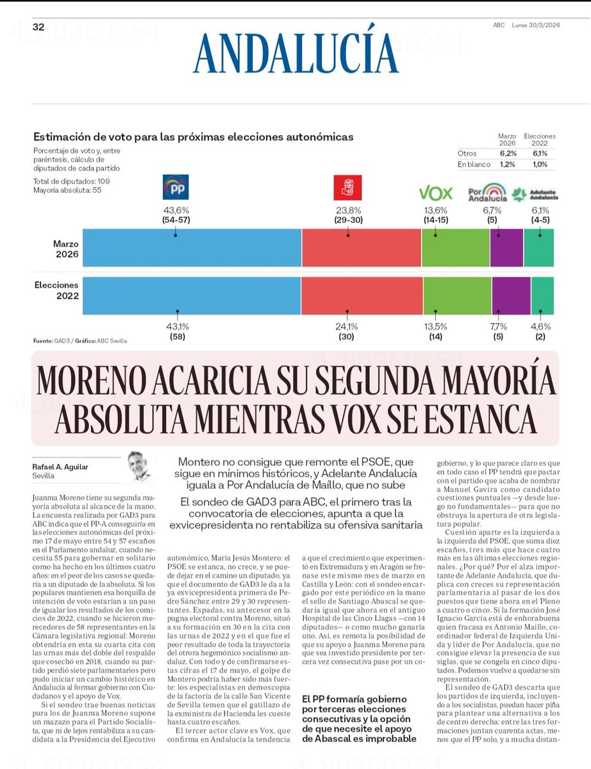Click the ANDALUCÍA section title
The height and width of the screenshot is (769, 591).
pos(296,53)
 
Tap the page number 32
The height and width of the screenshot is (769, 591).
pos(38,26)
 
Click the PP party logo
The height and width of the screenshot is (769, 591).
pos(175,188)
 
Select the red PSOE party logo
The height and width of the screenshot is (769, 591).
pos(347,188)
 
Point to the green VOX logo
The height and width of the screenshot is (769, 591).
pos(436,193)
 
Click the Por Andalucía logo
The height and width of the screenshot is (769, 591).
pos(488,193)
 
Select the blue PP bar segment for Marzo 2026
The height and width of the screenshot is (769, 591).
pos(192,247)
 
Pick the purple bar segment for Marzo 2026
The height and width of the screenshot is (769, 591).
pos(506,247)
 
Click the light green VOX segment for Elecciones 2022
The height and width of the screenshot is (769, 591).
pos(456,295)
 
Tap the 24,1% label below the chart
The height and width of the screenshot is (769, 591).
pos(347,325)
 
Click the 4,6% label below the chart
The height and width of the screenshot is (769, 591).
pos(540,325)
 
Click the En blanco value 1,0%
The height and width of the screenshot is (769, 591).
pos(539,165)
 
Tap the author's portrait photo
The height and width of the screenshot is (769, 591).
pos(138,465)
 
